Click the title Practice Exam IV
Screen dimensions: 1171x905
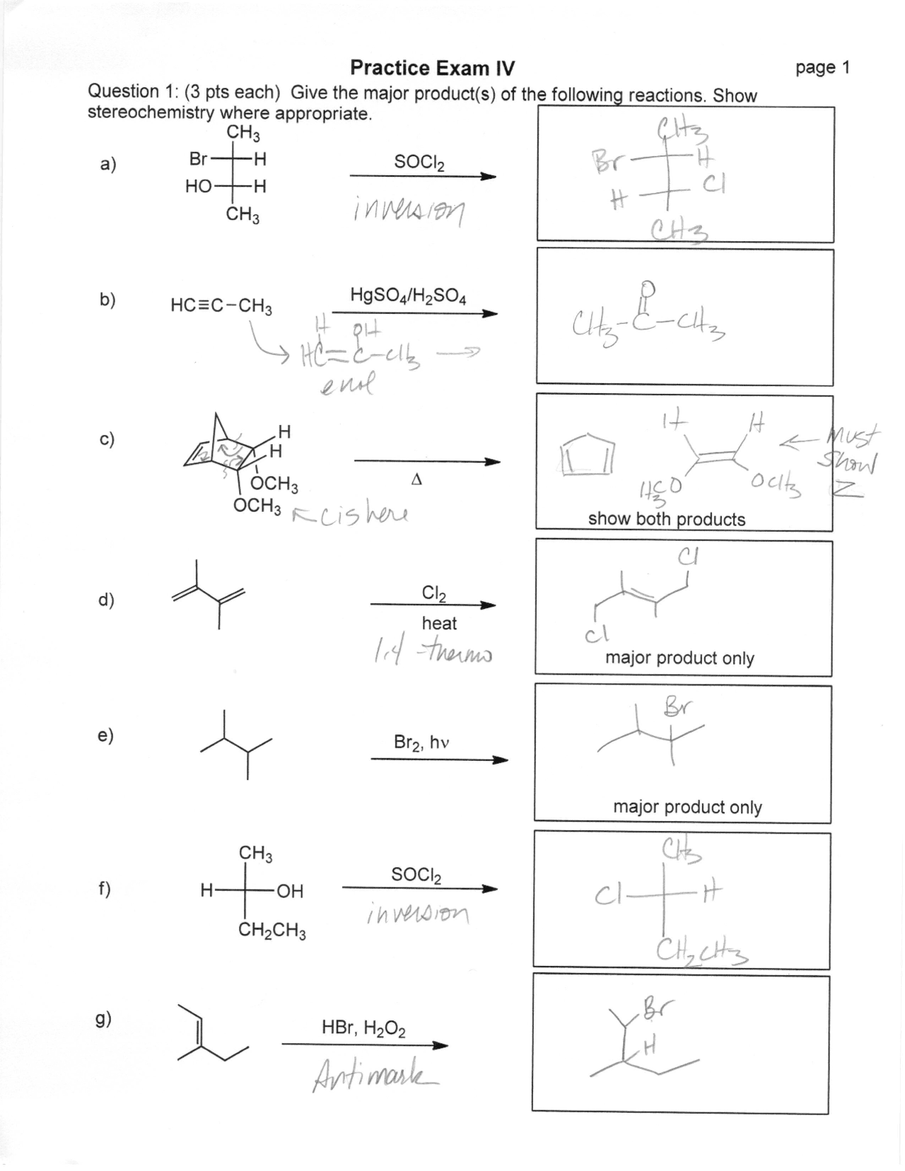tap(432, 69)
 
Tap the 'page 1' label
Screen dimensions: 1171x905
tap(822, 68)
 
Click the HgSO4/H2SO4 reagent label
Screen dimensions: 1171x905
tap(408, 296)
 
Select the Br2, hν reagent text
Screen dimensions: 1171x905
tap(421, 742)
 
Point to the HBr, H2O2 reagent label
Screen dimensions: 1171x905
tap(363, 1027)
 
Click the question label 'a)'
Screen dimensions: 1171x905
tap(107, 165)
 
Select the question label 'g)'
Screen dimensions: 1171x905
tap(104, 1019)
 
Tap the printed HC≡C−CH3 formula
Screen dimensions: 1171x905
tap(221, 306)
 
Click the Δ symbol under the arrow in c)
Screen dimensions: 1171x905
tap(416, 479)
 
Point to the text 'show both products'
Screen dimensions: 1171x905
tap(666, 519)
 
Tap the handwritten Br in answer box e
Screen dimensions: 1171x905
tap(678, 706)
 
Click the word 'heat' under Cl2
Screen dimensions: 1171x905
tap(439, 623)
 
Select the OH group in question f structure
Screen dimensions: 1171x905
tap(289, 891)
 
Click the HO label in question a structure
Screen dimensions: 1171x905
tap(199, 187)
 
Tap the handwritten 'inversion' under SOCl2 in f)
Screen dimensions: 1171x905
tap(417, 915)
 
